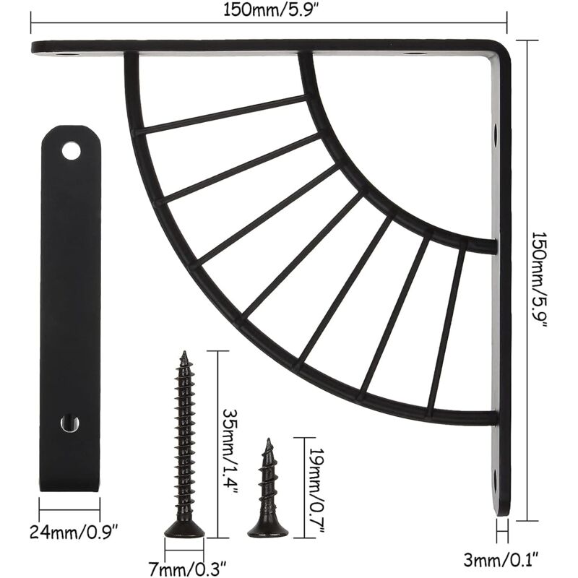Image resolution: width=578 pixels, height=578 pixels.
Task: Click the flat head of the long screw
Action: pos(184,532)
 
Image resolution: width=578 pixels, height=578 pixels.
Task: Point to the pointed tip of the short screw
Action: pos(268,440)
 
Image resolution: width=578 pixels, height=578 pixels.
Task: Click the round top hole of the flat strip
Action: pos(71,151)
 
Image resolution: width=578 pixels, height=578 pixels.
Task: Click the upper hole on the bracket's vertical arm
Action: pos(496,134)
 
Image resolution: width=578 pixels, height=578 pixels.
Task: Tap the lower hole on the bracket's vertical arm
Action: pos(496,478)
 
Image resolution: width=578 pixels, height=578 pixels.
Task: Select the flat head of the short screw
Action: pos(268,532)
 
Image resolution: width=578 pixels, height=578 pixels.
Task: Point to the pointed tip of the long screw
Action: pos(184,354)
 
